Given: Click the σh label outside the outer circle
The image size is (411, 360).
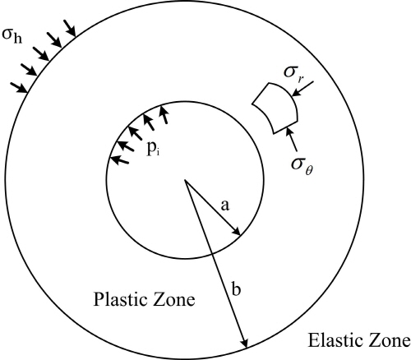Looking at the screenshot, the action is coord(12,36).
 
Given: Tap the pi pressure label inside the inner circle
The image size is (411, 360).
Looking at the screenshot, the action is coord(153,149).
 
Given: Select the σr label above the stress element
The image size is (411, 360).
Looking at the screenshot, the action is coord(293,73).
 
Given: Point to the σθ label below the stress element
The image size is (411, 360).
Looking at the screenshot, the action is coord(302,166).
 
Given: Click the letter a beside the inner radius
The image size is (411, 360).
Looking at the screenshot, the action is coord(225,205).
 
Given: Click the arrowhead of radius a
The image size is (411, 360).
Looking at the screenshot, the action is coord(238,233).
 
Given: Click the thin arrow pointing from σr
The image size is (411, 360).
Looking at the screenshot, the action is coord(302,88).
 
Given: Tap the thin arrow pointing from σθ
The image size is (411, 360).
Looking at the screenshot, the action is coord(291,139).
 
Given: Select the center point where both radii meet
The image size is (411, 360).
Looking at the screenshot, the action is coord(185,180).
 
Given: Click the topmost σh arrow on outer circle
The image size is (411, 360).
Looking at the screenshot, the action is coord(69,28).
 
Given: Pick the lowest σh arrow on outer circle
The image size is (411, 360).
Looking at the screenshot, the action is coord(19,87).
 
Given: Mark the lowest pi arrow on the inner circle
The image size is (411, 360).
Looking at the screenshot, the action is coord(119,159).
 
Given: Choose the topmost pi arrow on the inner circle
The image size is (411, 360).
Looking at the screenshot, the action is coord(164,115).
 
